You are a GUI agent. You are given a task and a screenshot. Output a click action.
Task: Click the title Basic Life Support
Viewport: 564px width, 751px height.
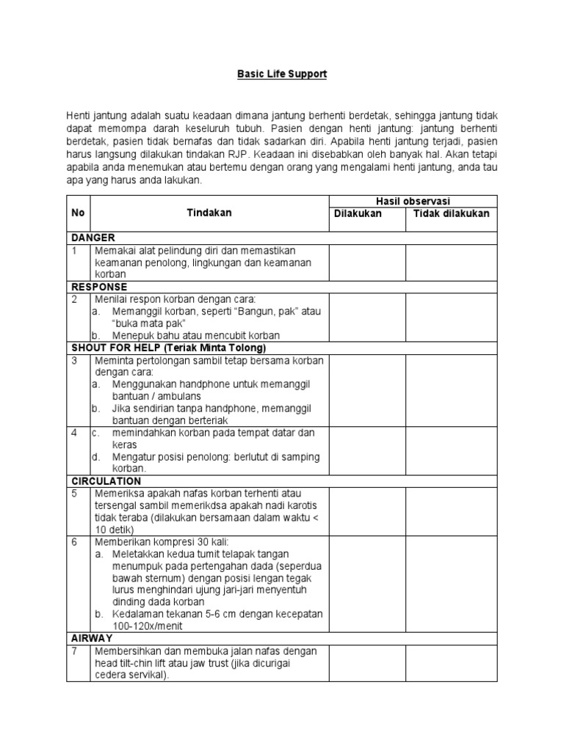281,75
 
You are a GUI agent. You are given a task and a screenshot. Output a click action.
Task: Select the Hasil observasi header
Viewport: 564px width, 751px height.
413,202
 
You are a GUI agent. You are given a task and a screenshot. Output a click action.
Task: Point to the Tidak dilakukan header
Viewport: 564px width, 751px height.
452,213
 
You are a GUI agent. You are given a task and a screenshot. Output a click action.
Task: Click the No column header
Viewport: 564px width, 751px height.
78,213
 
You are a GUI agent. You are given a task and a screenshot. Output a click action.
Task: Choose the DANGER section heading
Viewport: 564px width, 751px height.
93,238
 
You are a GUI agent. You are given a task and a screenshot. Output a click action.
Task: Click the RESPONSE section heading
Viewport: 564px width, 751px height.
99,287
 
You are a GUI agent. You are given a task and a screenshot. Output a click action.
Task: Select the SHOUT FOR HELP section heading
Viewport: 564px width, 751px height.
168,348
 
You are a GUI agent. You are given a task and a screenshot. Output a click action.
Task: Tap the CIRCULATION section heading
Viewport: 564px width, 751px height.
106,481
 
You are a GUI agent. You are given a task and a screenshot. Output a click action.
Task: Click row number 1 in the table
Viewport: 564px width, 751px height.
74,250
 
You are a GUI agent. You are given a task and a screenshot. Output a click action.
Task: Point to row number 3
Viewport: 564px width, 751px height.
74,360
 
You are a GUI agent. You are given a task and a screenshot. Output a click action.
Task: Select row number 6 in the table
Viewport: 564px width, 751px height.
74,542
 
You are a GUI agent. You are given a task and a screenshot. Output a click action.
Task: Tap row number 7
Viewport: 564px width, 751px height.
74,651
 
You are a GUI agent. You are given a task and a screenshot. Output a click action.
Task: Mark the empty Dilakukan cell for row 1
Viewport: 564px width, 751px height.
366,262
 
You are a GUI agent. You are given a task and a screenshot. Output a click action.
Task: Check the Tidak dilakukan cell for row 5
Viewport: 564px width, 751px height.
452,511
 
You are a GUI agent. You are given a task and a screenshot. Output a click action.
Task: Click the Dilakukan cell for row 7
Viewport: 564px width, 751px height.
366,663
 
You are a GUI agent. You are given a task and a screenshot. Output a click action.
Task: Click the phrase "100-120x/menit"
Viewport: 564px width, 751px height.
148,626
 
